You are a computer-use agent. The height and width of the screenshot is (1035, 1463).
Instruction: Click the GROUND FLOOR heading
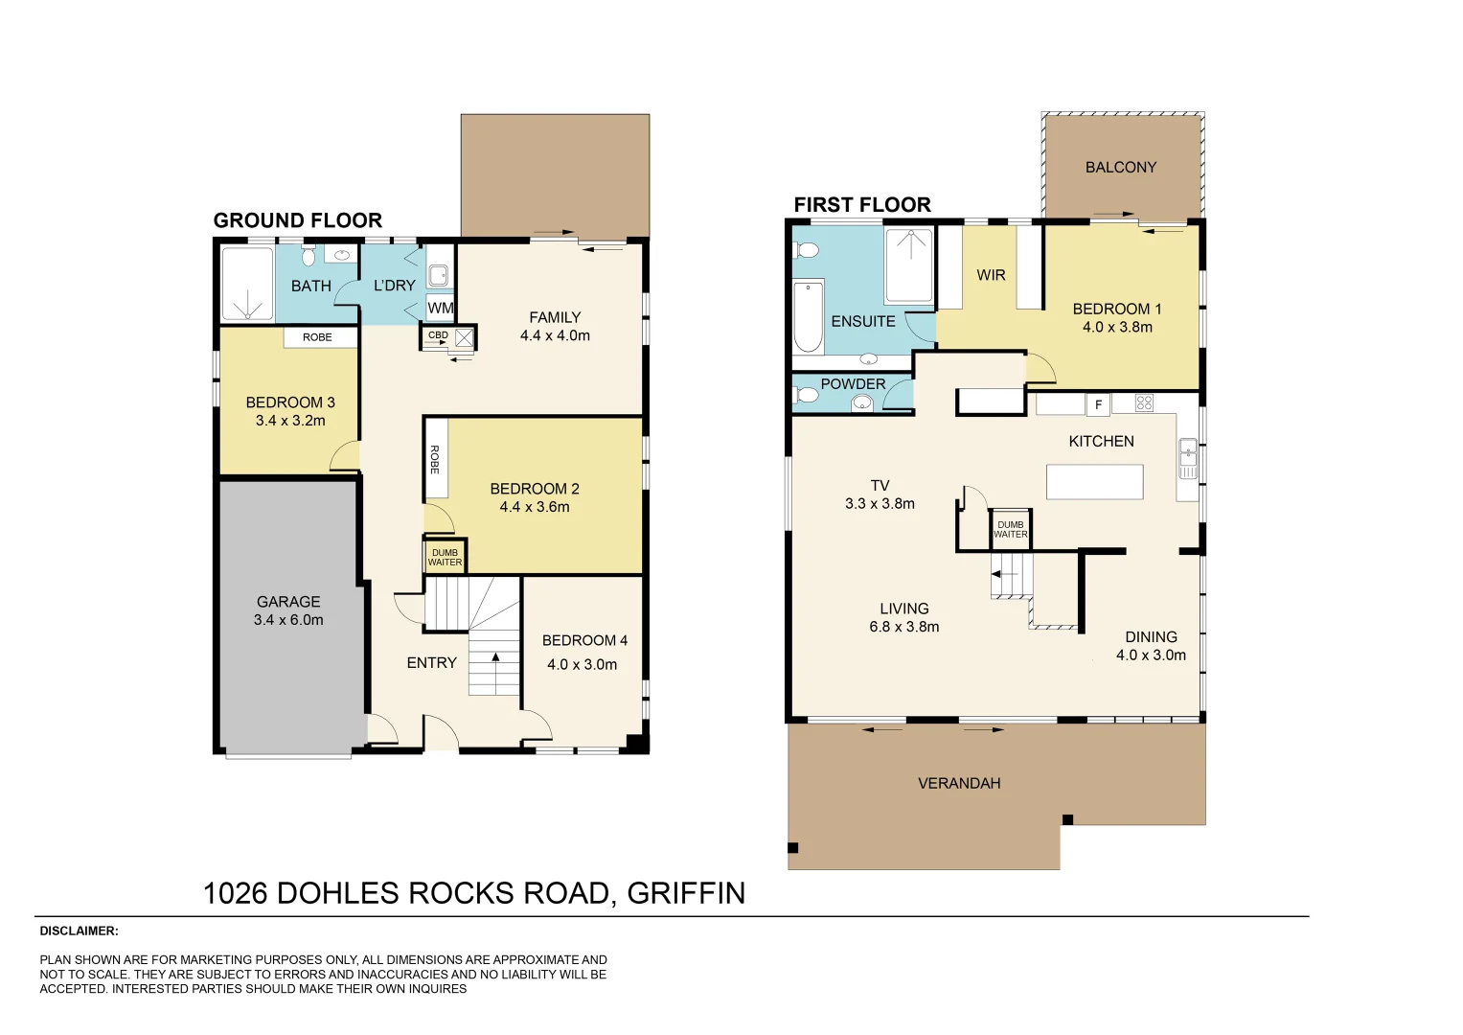coord(297,220)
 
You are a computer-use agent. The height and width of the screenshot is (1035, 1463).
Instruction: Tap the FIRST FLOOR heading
coord(861,205)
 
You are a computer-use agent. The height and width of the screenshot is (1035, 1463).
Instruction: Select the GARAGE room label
coord(288,602)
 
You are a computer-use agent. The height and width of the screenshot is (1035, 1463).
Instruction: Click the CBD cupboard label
coord(438,335)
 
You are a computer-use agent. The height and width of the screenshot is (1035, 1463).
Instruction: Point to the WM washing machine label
coord(440,308)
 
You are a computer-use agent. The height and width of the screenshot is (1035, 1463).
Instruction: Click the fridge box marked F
coord(1098,404)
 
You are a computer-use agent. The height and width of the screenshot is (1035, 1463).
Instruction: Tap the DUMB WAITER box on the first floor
coord(1010,529)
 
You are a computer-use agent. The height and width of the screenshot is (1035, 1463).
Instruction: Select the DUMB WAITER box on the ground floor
coord(445,557)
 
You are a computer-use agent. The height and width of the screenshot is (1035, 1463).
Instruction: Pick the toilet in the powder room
coord(807,395)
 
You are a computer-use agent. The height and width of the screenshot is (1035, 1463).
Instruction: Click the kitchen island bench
coord(1094,481)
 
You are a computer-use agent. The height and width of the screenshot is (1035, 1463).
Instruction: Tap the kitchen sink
coord(1187,458)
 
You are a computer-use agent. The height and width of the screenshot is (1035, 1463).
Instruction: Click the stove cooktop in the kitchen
coord(1144,403)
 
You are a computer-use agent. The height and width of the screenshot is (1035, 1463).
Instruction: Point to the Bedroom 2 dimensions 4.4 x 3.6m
coord(534,507)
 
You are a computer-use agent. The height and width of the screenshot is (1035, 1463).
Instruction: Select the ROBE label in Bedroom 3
coord(317,337)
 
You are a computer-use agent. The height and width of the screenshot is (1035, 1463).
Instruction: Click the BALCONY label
coord(1120,168)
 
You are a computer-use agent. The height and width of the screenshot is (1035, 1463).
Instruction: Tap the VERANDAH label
coord(958,783)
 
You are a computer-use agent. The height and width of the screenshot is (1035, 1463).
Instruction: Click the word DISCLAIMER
coord(79,931)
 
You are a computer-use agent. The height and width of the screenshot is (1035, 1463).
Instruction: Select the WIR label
coord(991,275)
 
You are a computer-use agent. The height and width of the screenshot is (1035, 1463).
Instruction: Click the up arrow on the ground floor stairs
coord(495,657)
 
